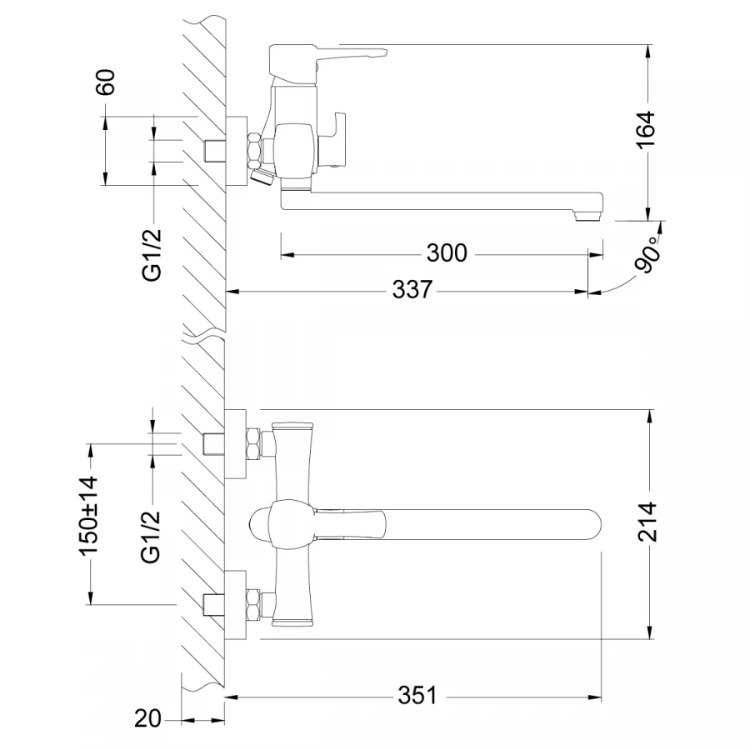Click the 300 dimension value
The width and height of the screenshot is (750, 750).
tap(447, 253)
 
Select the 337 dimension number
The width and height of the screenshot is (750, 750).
tap(412, 289)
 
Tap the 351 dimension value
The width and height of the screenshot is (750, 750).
tap(417, 696)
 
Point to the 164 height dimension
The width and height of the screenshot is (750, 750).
tap(646, 129)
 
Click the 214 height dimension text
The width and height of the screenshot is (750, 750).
tap(647, 522)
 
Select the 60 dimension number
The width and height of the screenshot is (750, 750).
tap(106, 82)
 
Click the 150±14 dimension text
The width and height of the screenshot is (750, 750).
tap(89, 516)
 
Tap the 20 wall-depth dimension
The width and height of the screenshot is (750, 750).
tap(147, 718)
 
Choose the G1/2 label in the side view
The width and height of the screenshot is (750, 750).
tap(152, 256)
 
